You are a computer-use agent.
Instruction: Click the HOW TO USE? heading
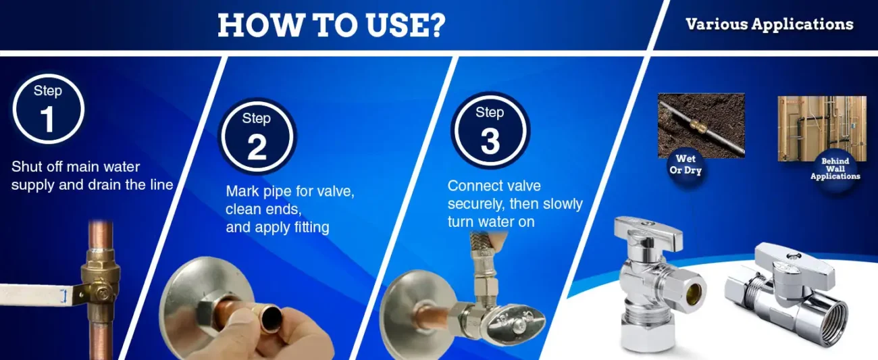click(x=332, y=25)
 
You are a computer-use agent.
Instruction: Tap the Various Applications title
click(x=769, y=24)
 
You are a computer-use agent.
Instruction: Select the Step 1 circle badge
click(x=48, y=109)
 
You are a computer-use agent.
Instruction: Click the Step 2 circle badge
click(x=257, y=136)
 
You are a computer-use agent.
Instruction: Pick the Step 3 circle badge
click(x=490, y=130)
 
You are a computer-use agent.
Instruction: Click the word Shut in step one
click(x=26, y=167)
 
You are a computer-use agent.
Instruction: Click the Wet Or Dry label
click(x=686, y=165)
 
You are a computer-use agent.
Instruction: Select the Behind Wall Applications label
click(x=835, y=169)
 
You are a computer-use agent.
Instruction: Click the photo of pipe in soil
click(x=701, y=126)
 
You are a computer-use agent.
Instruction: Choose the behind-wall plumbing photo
click(x=822, y=128)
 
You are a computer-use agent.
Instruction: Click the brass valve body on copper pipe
click(x=101, y=282)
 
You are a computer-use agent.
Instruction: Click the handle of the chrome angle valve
click(x=647, y=232)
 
